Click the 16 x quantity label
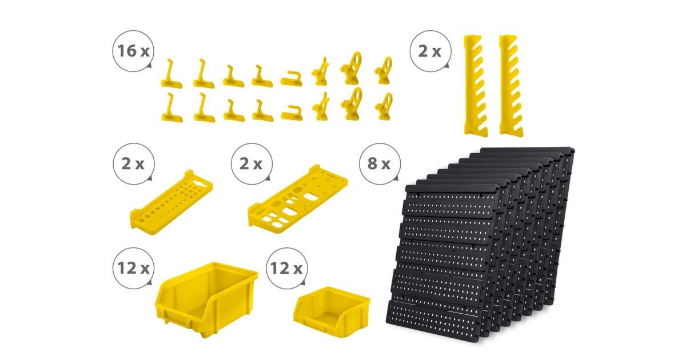[x=133, y=51]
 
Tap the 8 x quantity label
[x=379, y=163]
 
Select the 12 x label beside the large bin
[x=133, y=268]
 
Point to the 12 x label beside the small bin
[x=286, y=269]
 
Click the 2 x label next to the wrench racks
[x=430, y=51]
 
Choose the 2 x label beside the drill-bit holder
[x=133, y=164]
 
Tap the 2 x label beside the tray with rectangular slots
[x=251, y=164]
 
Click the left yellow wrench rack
[x=475, y=85]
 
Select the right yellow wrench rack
[x=511, y=86]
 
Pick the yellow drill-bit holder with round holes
[x=171, y=203]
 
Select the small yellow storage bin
[x=332, y=311]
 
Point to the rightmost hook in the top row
[x=384, y=71]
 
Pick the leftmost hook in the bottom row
[x=171, y=110]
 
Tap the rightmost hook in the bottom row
[x=384, y=106]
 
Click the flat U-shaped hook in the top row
[x=291, y=79]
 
